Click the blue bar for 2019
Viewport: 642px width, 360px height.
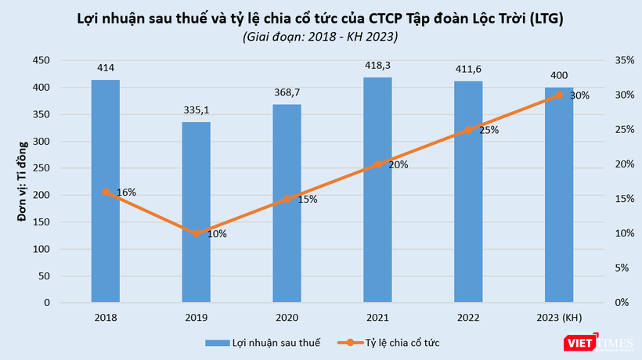pos(196,212)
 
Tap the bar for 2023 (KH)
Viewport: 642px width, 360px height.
pos(559,195)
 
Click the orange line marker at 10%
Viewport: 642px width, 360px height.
pos(196,233)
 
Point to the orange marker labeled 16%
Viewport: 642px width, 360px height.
pos(105,192)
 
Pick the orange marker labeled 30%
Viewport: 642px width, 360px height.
pos(559,95)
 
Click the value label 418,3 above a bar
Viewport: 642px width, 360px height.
pos(377,68)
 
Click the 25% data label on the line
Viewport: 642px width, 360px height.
pos(489,130)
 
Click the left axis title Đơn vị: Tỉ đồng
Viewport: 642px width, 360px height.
pos(23,182)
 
